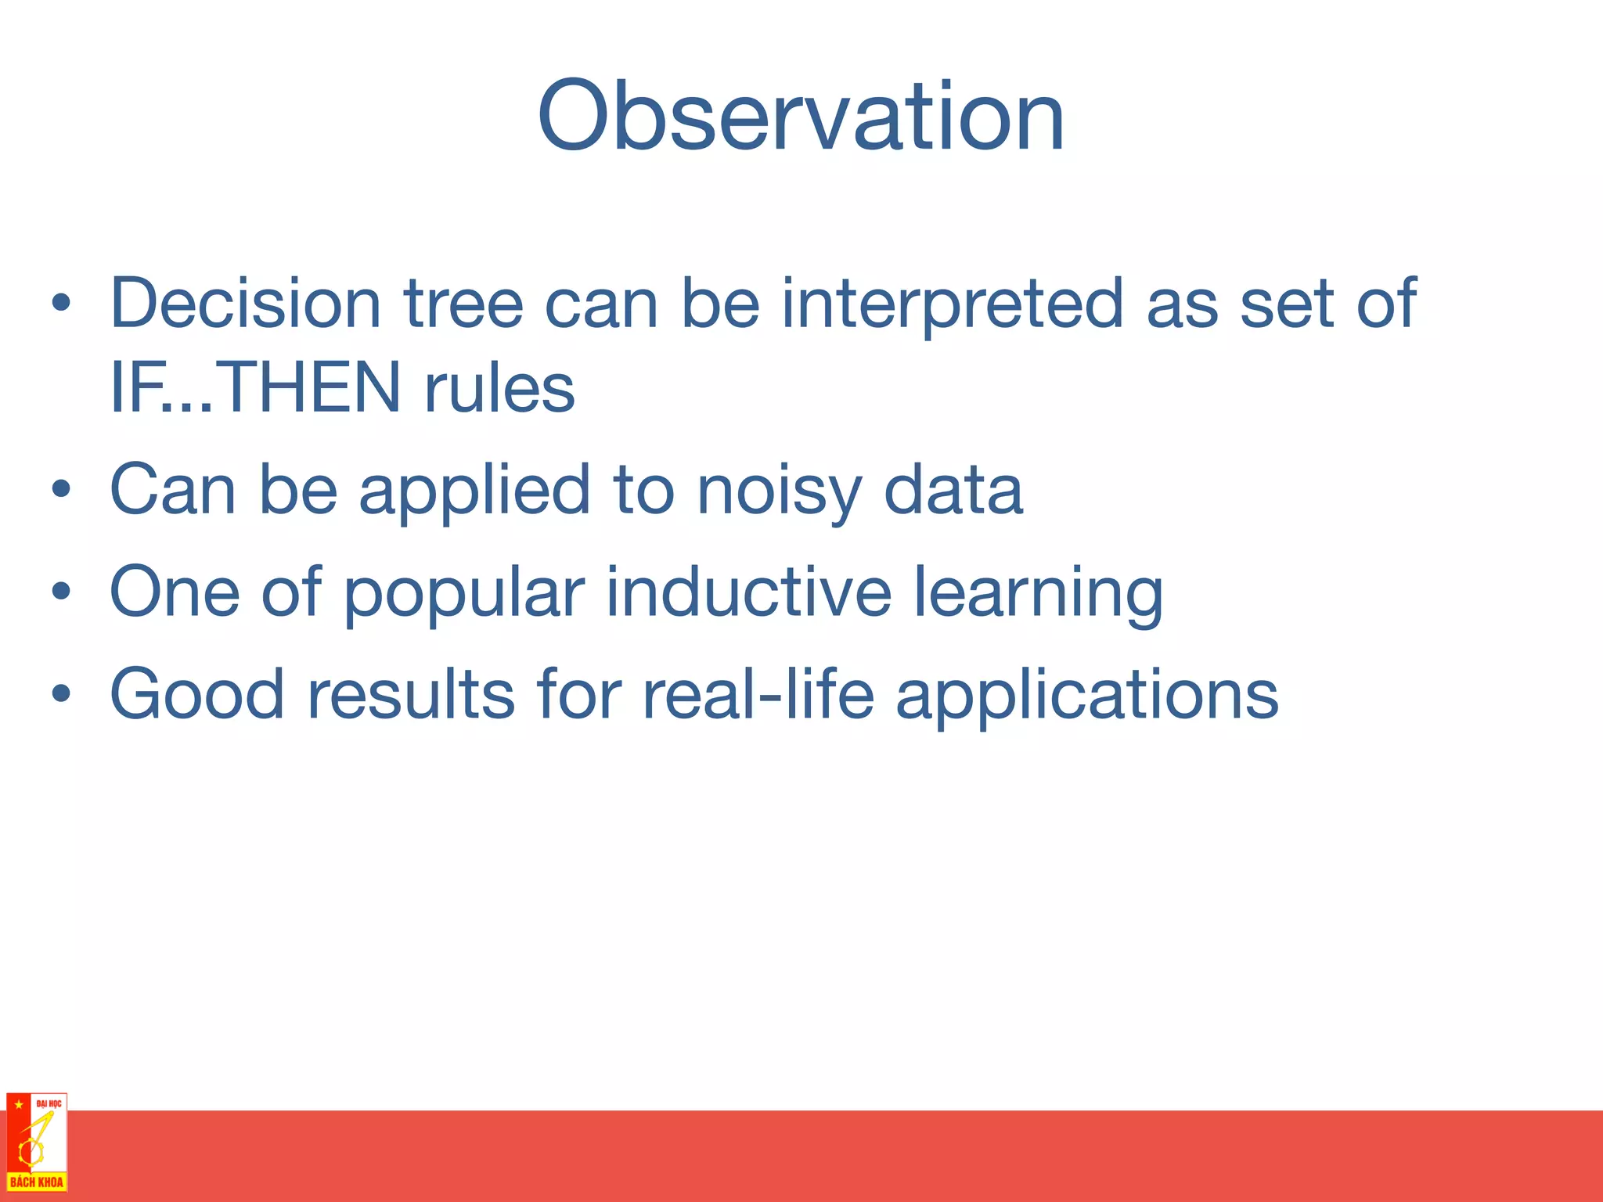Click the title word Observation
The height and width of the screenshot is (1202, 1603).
point(800,117)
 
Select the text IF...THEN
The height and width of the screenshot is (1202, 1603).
point(255,387)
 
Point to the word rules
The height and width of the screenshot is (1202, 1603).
point(499,387)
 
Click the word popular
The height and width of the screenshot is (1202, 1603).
point(464,592)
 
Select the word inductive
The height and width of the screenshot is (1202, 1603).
point(748,592)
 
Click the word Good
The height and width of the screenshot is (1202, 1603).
point(197,694)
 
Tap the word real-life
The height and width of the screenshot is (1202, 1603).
point(758,694)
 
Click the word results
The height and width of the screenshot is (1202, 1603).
point(411,694)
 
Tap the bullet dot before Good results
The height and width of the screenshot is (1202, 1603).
point(61,694)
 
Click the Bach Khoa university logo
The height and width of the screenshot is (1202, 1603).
point(36,1142)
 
